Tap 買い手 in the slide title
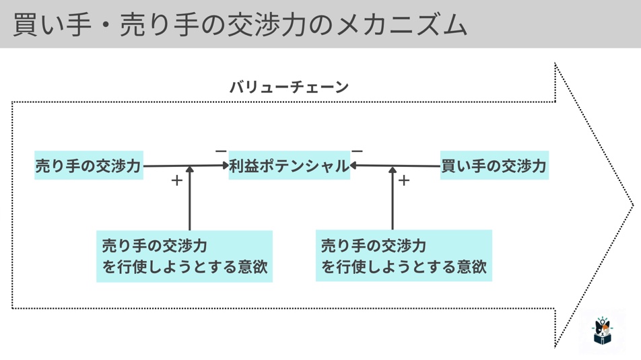(50, 24)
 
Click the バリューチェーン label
(289, 87)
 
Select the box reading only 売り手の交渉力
(89, 166)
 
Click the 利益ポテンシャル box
(289, 166)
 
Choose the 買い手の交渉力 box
(494, 166)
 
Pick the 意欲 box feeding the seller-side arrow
(184, 256)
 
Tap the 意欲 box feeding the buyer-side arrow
(403, 256)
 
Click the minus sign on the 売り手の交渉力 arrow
(220, 151)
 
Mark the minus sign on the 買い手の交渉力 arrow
(358, 151)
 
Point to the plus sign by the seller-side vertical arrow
(176, 180)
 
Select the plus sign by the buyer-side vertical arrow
(404, 180)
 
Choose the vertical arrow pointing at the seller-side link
(190, 202)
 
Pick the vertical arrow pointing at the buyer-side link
(393, 202)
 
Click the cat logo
(602, 331)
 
